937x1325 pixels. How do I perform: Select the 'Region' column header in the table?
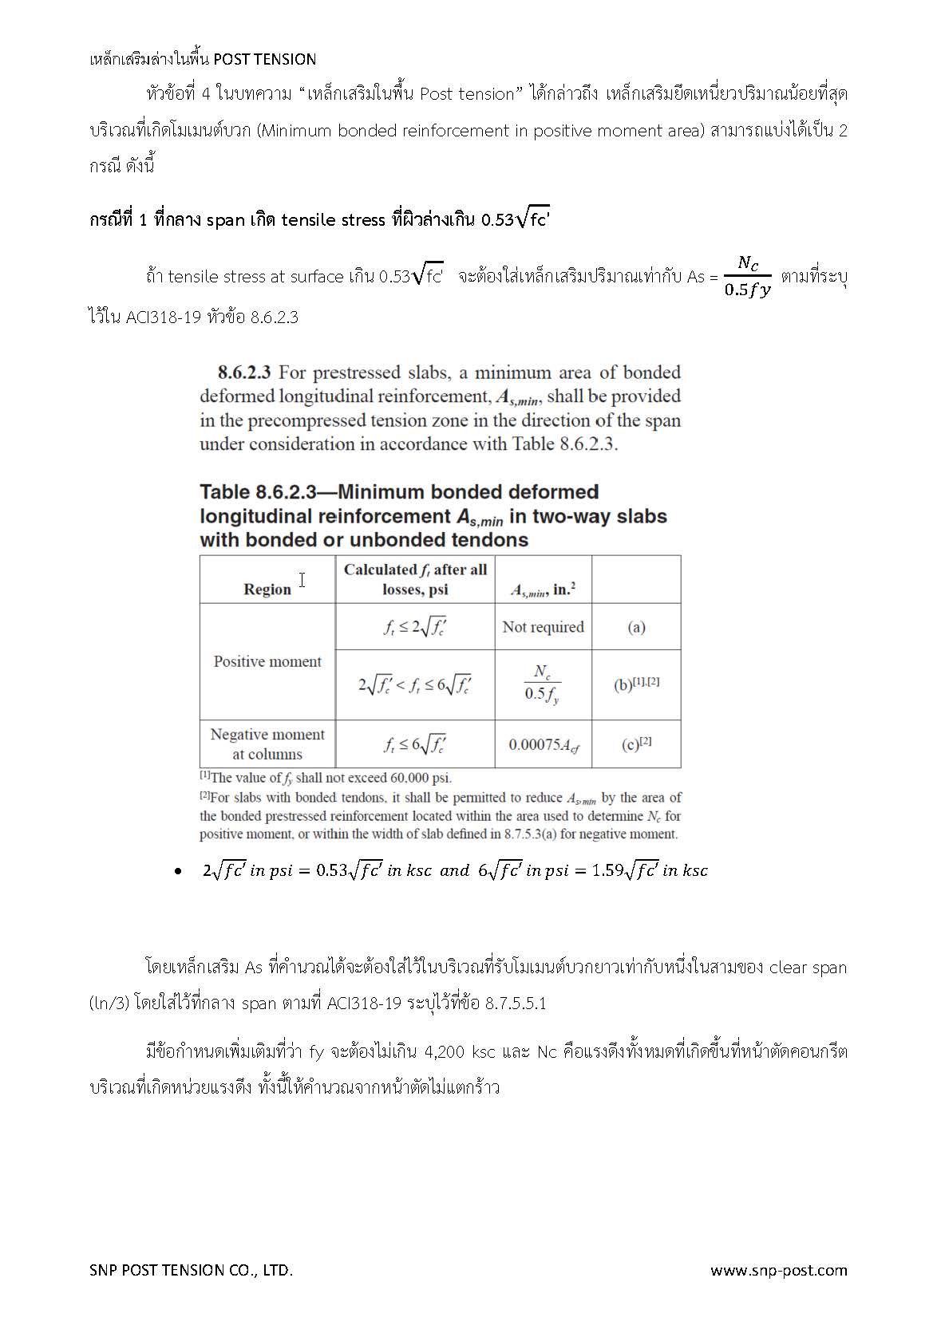coord(267,590)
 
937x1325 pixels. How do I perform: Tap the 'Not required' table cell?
coord(543,627)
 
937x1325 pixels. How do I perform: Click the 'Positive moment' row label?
coord(267,661)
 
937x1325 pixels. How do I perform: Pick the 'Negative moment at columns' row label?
coord(267,744)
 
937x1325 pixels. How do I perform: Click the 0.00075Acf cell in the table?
coord(544,745)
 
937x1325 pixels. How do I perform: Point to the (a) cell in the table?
coord(636,627)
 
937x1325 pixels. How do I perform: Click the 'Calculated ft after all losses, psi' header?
coord(415,579)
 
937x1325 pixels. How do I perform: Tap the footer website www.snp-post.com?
coord(778,1270)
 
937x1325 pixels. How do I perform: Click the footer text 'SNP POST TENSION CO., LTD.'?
coord(191,1270)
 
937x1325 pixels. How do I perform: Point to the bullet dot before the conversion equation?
coord(178,871)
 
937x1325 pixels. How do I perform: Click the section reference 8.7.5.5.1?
coord(516,1004)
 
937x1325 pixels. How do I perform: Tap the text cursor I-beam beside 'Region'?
coord(302,580)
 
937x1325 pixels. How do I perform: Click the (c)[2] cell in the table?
coord(636,744)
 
